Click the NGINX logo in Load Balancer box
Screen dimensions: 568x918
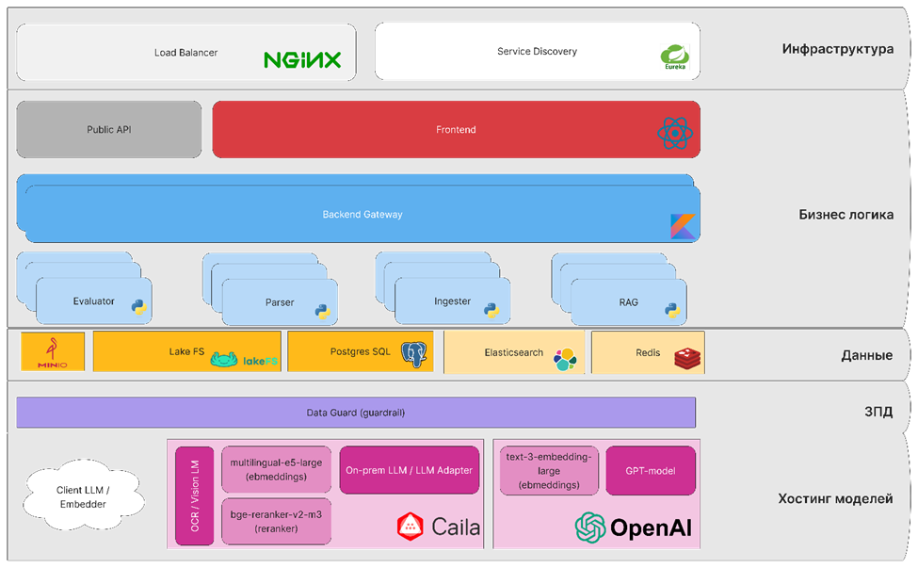(x=302, y=60)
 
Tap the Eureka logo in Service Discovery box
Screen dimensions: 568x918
(x=675, y=57)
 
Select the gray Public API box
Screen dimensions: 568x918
(x=109, y=130)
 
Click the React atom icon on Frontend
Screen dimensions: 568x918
(x=674, y=134)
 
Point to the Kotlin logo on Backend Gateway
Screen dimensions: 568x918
(x=684, y=226)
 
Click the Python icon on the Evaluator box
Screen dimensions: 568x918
(x=138, y=307)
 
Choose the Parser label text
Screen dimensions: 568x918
(x=280, y=302)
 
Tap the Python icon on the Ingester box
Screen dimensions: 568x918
(x=491, y=308)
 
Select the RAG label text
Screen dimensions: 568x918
(x=628, y=302)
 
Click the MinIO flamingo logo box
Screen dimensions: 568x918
(x=53, y=352)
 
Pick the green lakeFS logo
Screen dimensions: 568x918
(x=244, y=359)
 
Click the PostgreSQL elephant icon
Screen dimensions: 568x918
(x=413, y=354)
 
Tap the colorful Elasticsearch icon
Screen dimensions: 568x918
(x=564, y=358)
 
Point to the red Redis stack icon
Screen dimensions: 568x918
(x=687, y=356)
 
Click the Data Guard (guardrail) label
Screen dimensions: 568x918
(x=355, y=413)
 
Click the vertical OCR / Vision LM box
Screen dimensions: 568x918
(x=195, y=495)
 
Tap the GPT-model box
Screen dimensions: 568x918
(x=651, y=470)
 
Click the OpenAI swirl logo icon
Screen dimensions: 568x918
(x=590, y=527)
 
